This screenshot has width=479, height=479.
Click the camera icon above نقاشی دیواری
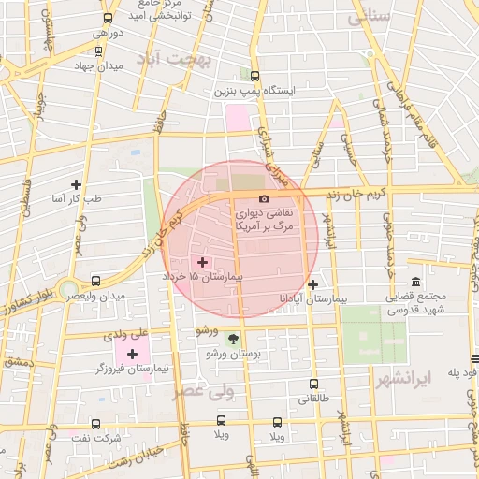click(264, 199)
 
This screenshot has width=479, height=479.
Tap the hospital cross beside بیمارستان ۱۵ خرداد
click(203, 263)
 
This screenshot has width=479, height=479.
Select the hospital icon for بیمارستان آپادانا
click(312, 284)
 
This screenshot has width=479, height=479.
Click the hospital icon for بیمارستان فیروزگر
click(132, 354)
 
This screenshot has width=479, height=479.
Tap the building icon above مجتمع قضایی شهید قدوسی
click(414, 282)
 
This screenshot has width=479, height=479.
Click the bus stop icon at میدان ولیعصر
click(95, 281)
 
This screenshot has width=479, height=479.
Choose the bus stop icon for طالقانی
click(312, 384)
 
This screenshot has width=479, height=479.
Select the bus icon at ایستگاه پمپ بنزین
click(255, 78)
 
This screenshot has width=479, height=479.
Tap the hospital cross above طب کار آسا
click(76, 183)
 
